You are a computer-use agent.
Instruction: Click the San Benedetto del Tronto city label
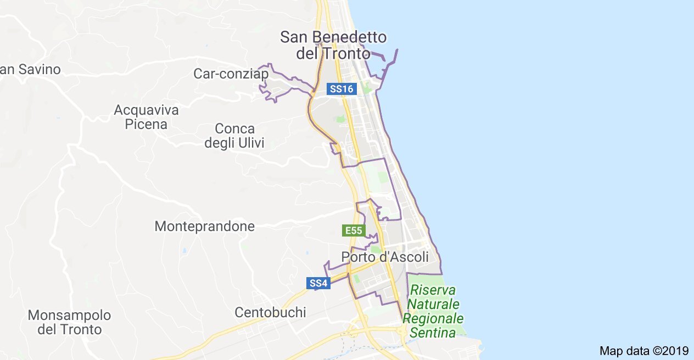coord(333,46)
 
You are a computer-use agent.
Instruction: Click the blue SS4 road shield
coord(318,283)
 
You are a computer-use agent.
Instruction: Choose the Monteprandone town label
coord(205,226)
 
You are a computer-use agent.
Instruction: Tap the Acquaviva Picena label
coord(146,117)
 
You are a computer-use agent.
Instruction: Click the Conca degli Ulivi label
coord(234,136)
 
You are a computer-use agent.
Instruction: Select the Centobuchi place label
coord(270,312)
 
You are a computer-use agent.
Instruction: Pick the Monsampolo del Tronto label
coord(70,323)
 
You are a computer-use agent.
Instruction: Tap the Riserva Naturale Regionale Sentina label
coord(434,311)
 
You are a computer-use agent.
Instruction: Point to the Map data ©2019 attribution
coord(643,351)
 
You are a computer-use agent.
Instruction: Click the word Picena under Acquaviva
coord(146,124)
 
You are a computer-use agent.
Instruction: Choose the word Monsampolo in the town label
coord(70,316)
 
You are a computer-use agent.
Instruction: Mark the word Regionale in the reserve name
coord(434,318)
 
